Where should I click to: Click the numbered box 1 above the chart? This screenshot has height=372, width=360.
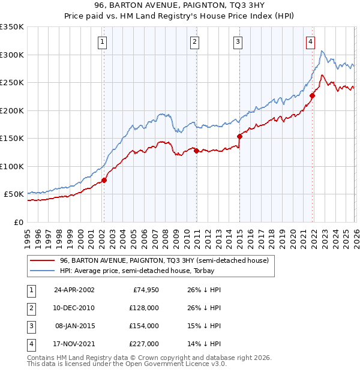(x=103, y=41)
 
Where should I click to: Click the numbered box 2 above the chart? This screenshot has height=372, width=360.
(x=196, y=41)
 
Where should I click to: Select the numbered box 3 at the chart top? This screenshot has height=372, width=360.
(x=238, y=41)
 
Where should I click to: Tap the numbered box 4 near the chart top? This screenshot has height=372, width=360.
(x=310, y=41)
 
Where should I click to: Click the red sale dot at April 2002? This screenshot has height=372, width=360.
(x=104, y=179)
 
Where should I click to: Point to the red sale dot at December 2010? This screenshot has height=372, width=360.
(x=196, y=151)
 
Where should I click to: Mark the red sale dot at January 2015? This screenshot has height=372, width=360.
(x=239, y=136)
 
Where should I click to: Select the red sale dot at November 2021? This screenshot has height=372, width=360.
(x=312, y=95)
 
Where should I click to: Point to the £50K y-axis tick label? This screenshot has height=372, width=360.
(x=14, y=194)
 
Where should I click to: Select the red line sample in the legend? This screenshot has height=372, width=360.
(x=43, y=261)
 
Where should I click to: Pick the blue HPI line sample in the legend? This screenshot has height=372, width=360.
(x=43, y=271)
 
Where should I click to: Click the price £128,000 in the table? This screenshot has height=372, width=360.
(x=143, y=308)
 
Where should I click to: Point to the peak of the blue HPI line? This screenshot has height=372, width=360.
(x=322, y=52)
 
